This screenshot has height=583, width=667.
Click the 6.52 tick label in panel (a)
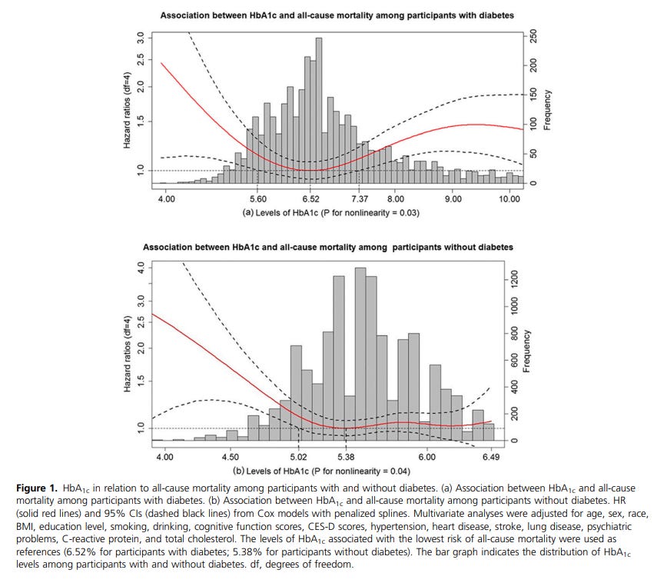tap(311, 198)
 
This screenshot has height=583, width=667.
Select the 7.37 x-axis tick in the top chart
tap(359, 198)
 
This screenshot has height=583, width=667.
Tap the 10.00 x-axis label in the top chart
tap(509, 198)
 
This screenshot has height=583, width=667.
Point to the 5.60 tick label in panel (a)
tap(257, 198)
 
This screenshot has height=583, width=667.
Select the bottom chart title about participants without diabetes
tap(329, 247)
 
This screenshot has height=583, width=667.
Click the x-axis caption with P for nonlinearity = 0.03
tap(330, 212)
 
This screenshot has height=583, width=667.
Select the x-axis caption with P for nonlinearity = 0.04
tap(327, 471)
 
